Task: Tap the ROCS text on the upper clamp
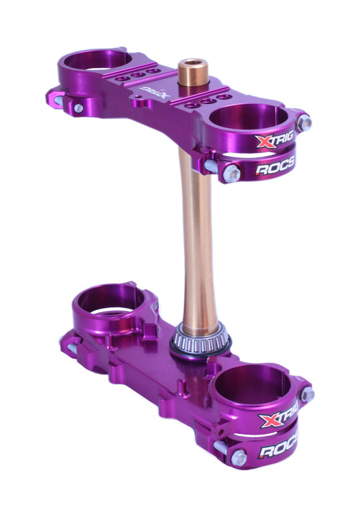pos(275,168)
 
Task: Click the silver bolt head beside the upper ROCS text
pos(231,173)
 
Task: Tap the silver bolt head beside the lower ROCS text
pos(238,458)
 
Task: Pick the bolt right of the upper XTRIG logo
pos(303,123)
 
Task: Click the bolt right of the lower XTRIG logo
pos(307,395)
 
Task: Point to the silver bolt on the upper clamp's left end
pos(78,109)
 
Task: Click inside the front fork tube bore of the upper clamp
pos(249,118)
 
